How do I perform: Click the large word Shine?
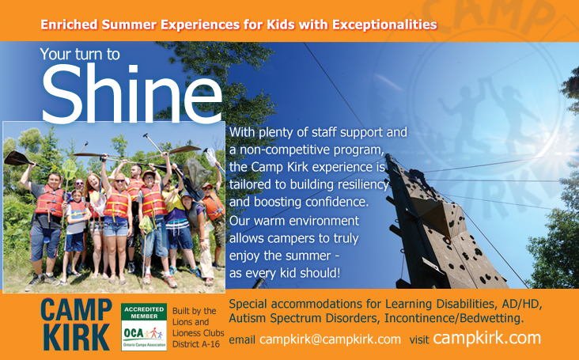[x=132, y=93]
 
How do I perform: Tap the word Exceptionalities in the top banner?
[x=384, y=25]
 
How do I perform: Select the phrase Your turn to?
[x=80, y=55]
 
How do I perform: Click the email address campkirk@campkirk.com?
[x=330, y=339]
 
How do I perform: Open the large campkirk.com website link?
[x=486, y=338]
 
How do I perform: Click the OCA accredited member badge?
[x=144, y=327]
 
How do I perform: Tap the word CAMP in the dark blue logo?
[x=76, y=309]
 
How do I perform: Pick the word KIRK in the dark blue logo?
[x=76, y=337]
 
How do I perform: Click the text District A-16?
[x=195, y=344]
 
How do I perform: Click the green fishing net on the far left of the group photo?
[x=69, y=169]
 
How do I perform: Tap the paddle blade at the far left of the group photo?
[x=16, y=158]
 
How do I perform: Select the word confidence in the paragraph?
[x=335, y=202]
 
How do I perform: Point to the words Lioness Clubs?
[x=199, y=332]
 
